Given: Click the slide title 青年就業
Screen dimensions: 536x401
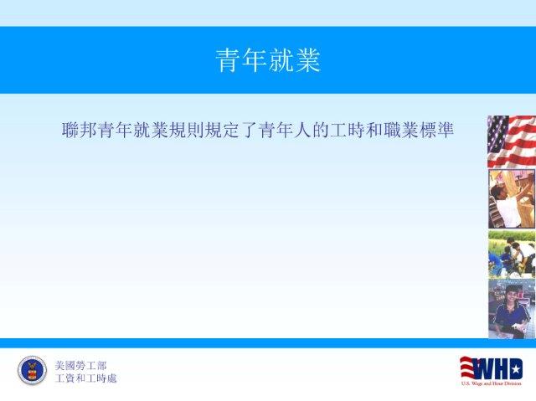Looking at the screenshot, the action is click(268, 60).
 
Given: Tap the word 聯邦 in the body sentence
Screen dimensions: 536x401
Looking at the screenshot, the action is click(80, 130).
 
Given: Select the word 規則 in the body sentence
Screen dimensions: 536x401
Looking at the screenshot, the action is click(186, 130).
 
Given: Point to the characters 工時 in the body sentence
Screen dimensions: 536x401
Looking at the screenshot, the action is click(347, 130).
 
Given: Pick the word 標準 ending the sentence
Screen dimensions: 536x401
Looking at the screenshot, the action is click(435, 130).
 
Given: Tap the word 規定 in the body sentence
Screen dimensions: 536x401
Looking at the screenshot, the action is click(222, 130).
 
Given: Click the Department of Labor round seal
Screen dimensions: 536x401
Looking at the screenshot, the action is click(32, 370).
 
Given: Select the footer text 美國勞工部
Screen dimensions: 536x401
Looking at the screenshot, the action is click(80, 366).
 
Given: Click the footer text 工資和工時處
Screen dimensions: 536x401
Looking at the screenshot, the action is click(85, 378).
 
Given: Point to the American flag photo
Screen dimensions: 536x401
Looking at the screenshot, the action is click(512, 141).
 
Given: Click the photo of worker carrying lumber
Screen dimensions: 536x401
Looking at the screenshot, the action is click(512, 198).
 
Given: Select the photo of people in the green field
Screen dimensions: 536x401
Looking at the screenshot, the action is click(512, 254).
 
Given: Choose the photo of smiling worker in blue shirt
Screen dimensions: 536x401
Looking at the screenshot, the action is click(512, 309).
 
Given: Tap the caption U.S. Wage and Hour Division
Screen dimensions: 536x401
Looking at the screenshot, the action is click(492, 383).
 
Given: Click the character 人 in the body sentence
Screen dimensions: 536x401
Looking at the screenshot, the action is click(302, 130).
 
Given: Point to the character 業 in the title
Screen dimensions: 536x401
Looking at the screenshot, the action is click(308, 60).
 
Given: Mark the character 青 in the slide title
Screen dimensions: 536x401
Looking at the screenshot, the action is click(228, 60).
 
